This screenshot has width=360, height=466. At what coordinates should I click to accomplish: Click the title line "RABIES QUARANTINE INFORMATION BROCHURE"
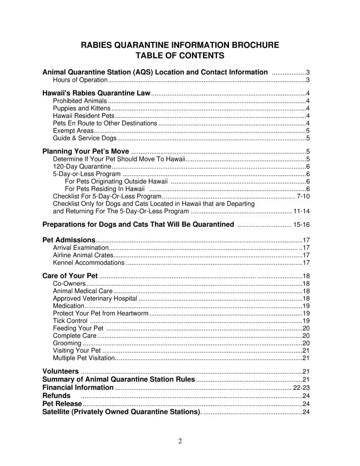[180, 45]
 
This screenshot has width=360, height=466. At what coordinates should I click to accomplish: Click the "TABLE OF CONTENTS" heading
[180, 56]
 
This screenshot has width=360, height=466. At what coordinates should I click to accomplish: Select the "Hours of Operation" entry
[80, 80]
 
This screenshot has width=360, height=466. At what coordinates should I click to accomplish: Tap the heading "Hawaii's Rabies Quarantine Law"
[97, 94]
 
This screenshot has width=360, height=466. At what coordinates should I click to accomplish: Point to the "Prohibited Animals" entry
[80, 101]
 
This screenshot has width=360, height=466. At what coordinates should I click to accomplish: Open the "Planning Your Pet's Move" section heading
[86, 152]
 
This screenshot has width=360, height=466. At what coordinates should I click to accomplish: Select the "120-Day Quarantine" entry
[82, 166]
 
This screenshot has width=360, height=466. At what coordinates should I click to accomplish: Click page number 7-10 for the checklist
[303, 196]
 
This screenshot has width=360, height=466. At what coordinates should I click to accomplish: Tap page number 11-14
[301, 211]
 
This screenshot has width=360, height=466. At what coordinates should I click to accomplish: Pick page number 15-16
[301, 225]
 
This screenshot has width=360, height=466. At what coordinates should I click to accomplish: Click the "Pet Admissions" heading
[68, 240]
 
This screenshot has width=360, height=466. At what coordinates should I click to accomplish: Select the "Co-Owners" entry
[69, 283]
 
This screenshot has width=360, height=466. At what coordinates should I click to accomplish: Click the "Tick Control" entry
[70, 321]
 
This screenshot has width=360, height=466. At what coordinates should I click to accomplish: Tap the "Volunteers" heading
[60, 372]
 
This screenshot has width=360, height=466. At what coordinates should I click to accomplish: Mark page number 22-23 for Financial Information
[301, 388]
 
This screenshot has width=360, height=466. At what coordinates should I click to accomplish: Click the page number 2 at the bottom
[180, 441]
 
